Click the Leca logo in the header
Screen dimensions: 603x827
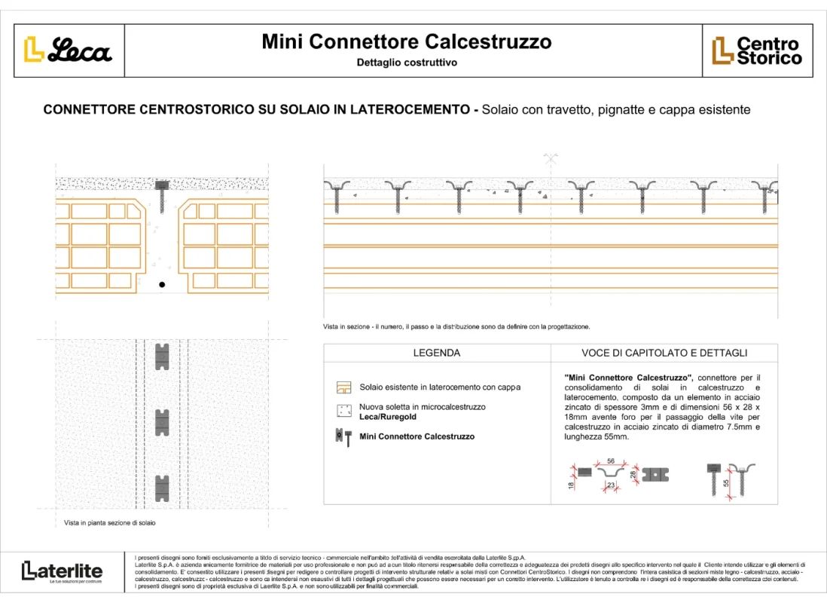69,50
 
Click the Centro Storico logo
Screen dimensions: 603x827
757,51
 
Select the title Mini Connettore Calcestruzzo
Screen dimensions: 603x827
407,41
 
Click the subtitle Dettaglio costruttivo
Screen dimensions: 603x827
407,63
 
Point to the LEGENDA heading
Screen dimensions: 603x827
437,353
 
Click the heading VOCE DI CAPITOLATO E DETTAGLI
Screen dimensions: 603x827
664,353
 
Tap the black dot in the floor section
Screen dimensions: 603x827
161,285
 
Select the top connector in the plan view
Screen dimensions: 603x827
162,357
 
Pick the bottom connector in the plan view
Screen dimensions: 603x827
162,488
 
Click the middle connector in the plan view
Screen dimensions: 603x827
162,422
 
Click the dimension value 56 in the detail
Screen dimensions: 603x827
611,461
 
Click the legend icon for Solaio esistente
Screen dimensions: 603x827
344,387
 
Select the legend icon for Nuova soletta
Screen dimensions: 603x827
344,412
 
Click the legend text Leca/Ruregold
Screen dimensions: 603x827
388,417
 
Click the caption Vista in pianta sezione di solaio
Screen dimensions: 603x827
110,522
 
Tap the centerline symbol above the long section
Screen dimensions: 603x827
551,158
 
